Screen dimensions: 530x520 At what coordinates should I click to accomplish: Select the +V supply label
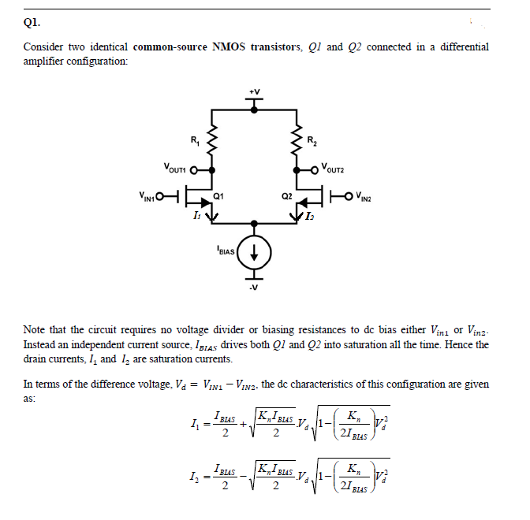click(x=254, y=91)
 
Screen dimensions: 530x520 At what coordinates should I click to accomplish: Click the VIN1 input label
click(x=145, y=195)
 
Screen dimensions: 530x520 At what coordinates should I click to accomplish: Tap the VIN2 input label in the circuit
click(x=365, y=195)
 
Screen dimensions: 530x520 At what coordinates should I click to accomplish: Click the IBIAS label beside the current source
click(x=225, y=252)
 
